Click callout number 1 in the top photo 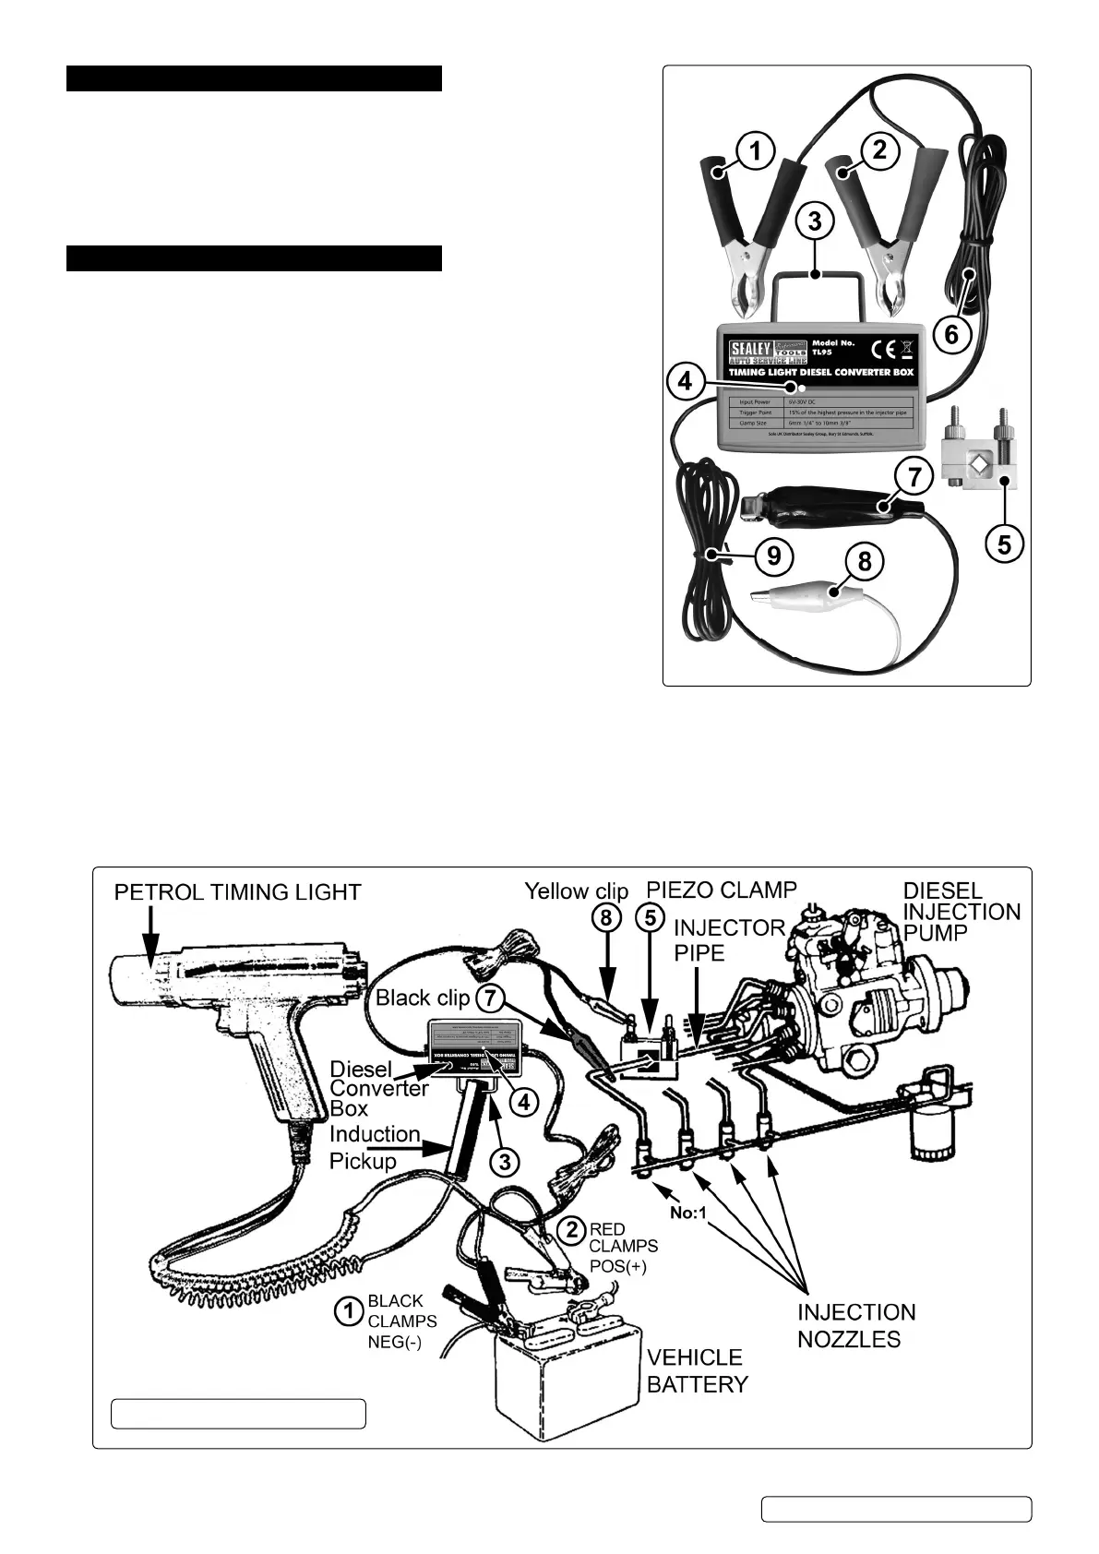pyautogui.click(x=755, y=150)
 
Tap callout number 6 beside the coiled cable pyautogui.click(x=951, y=333)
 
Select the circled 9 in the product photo pyautogui.click(x=774, y=555)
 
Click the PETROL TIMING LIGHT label pyautogui.click(x=237, y=892)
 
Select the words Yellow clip pyautogui.click(x=577, y=891)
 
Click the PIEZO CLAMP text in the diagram pyautogui.click(x=722, y=890)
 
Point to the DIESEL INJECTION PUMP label pyautogui.click(x=962, y=912)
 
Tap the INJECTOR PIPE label pyautogui.click(x=728, y=939)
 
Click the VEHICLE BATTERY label pyautogui.click(x=697, y=1370)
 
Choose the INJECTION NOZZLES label pyautogui.click(x=855, y=1325)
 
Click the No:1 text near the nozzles pyautogui.click(x=688, y=1213)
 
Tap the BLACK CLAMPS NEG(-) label pyautogui.click(x=401, y=1321)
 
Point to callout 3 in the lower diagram pyautogui.click(x=503, y=1162)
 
